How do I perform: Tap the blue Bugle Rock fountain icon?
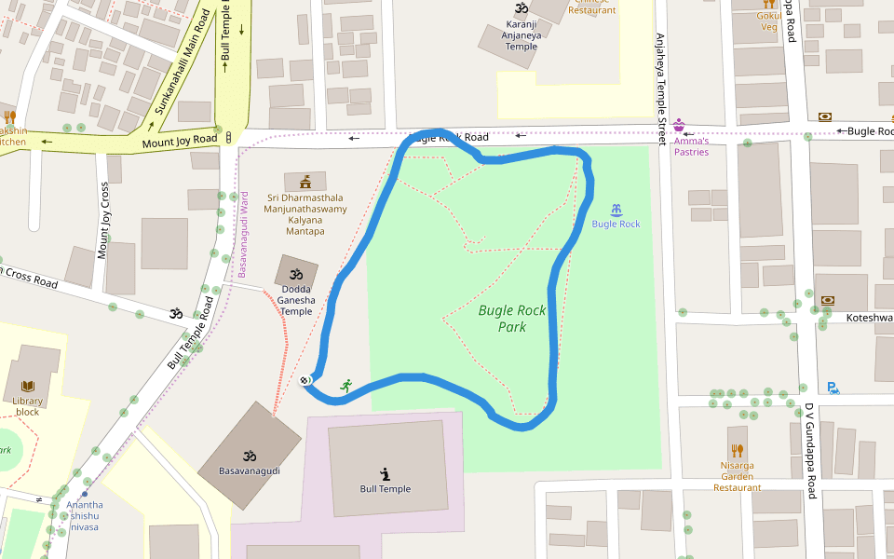[616, 210]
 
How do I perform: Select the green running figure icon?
[346, 386]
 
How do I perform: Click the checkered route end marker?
[305, 379]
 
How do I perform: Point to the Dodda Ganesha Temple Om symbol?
[296, 275]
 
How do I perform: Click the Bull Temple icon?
[385, 474]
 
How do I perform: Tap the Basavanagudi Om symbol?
[249, 457]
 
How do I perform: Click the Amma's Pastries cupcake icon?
[679, 125]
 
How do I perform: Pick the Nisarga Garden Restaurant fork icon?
[738, 449]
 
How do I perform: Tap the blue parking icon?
[833, 388]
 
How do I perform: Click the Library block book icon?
[28, 386]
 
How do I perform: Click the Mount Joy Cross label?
[103, 220]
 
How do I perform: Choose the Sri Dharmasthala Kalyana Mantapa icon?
[305, 181]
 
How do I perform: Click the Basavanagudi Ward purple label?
[244, 234]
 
